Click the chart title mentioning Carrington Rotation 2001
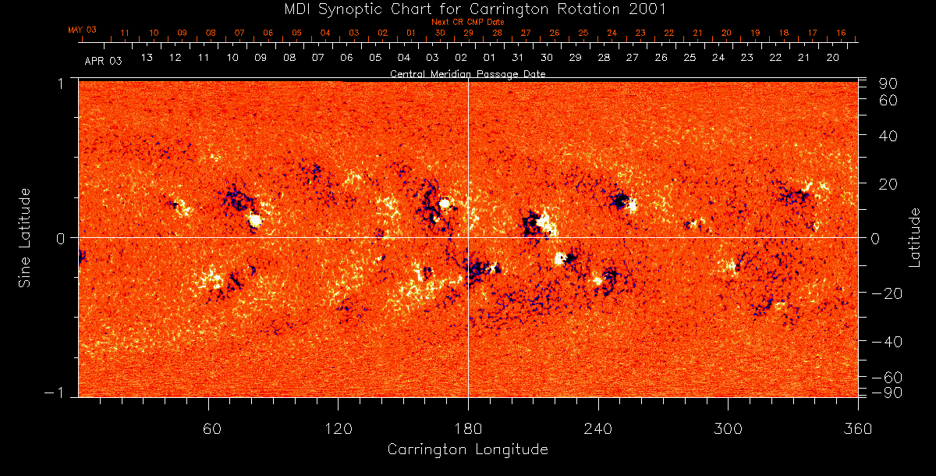468,9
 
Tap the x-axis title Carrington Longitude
467,449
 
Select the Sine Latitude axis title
25,237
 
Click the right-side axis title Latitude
915,237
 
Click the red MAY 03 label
82,30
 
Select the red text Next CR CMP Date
468,22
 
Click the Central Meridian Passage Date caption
468,73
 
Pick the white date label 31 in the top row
518,58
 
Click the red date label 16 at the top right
841,33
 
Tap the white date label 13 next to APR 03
146,58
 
